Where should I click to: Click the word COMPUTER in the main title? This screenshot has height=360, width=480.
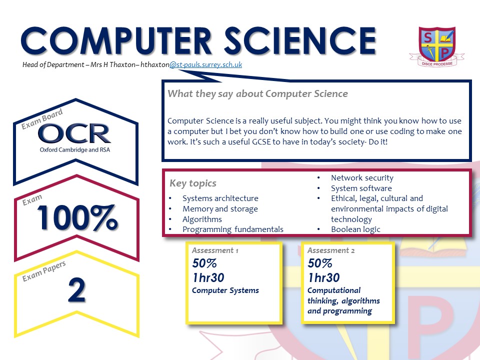116,40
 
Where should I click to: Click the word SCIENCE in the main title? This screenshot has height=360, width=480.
300,40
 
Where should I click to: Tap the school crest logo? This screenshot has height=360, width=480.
437,46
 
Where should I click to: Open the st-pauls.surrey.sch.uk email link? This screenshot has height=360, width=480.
205,64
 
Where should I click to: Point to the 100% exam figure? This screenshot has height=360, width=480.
77,217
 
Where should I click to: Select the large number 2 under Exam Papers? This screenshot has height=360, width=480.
76,289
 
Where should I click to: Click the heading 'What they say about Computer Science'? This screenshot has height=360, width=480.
258,93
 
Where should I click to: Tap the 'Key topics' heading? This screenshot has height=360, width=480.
193,183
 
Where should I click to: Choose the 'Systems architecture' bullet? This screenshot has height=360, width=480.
220,198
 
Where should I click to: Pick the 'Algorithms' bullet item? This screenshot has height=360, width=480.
202,219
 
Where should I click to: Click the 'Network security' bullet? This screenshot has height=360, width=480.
362,178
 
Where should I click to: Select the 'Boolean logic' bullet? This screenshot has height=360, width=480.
355,229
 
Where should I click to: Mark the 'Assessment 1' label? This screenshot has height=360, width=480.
215,250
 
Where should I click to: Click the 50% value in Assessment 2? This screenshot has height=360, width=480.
320,263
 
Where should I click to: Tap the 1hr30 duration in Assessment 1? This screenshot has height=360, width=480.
208,277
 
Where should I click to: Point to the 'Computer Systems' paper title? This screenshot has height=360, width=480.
225,290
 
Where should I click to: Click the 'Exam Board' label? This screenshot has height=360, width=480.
42,119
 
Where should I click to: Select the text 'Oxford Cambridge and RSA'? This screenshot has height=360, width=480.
74,149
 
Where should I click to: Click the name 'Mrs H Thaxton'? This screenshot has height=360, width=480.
112,64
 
